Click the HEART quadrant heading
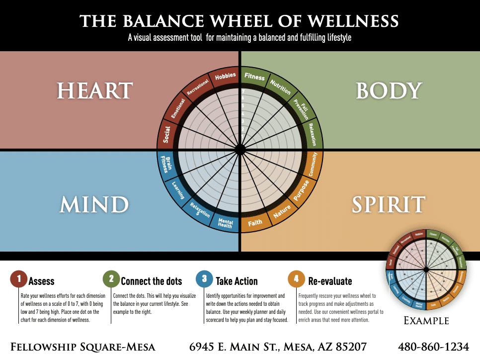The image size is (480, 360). pyautogui.click(x=94, y=91)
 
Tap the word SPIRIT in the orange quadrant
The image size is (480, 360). pyautogui.click(x=389, y=204)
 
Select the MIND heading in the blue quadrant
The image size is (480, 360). pyautogui.click(x=94, y=204)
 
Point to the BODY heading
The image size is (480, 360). pyautogui.click(x=389, y=91)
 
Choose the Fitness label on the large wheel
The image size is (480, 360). pyautogui.click(x=254, y=77)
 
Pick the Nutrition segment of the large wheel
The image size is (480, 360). pyautogui.click(x=280, y=87)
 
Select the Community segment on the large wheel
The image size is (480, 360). pyautogui.click(x=313, y=164)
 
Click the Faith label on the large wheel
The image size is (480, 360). pyautogui.click(x=255, y=223)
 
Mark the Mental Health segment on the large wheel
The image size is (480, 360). pyautogui.click(x=225, y=223)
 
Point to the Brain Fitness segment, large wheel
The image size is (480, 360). pyautogui.click(x=168, y=164)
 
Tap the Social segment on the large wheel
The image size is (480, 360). pyautogui.click(x=166, y=134)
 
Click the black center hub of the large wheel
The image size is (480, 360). pyautogui.click(x=240, y=150)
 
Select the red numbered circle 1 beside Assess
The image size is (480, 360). pyautogui.click(x=19, y=279)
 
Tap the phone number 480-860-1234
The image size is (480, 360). pyautogui.click(x=434, y=347)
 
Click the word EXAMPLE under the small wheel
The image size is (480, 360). pyautogui.click(x=426, y=321)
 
